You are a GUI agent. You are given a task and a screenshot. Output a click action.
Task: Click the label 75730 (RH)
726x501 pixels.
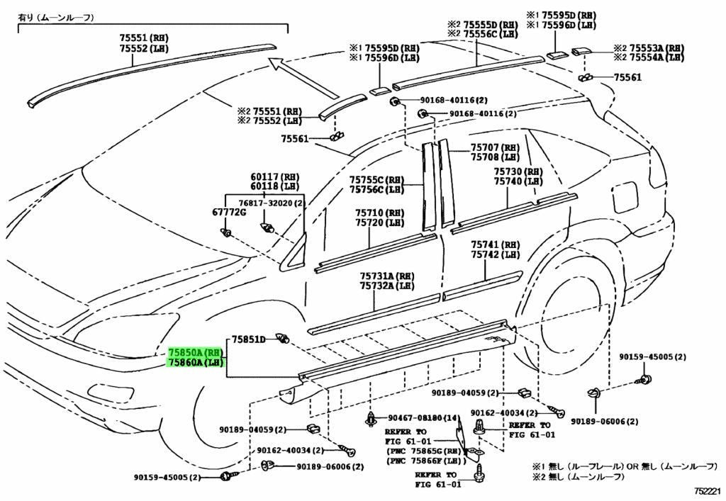[x=518, y=171]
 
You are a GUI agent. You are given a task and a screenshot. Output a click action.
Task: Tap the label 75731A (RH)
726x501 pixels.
[x=386, y=276]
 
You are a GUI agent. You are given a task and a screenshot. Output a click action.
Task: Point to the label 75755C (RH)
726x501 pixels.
[x=377, y=180]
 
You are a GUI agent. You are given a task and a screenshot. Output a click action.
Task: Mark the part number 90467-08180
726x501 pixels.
[x=416, y=419]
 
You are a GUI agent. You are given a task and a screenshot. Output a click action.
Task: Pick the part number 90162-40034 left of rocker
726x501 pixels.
[x=284, y=450]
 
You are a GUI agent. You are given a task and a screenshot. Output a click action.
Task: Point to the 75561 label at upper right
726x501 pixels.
[x=627, y=77]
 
